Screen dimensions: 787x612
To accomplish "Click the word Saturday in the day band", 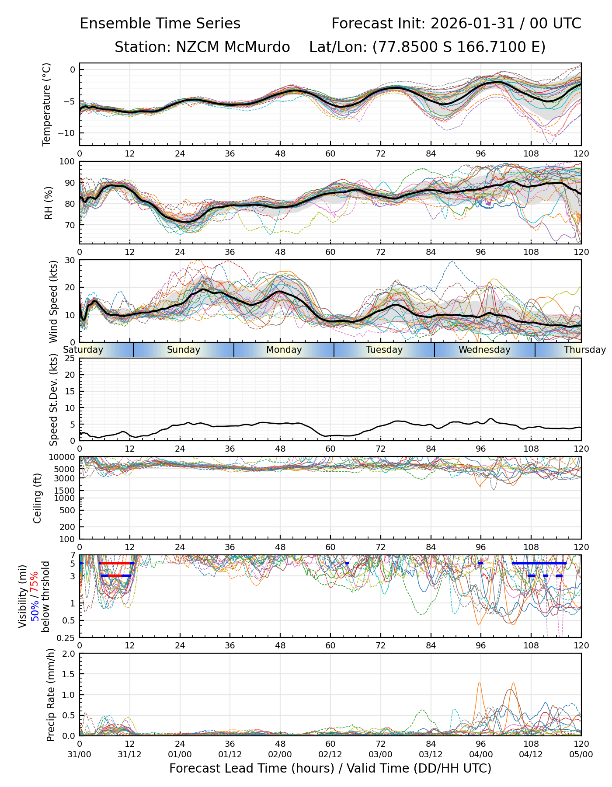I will click(x=83, y=350).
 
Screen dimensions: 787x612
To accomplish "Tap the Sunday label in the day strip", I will click(x=184, y=350).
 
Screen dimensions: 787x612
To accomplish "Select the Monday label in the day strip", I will click(x=284, y=350).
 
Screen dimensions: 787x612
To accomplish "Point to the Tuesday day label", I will click(x=384, y=350).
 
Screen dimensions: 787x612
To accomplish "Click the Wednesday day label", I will click(x=484, y=350).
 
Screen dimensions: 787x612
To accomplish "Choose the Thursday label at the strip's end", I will click(x=584, y=350).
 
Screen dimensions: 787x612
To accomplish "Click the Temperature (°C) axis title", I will click(x=47, y=104).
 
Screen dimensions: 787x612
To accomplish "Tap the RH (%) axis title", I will click(x=49, y=203).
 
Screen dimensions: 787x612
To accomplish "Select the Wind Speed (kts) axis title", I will click(x=53, y=301).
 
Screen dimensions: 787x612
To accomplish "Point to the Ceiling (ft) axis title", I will click(x=38, y=498).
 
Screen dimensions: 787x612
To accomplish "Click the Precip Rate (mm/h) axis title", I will click(x=51, y=695).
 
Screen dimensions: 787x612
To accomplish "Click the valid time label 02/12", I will click(x=330, y=754).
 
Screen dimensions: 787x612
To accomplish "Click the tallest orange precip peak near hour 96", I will click(x=479, y=683).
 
